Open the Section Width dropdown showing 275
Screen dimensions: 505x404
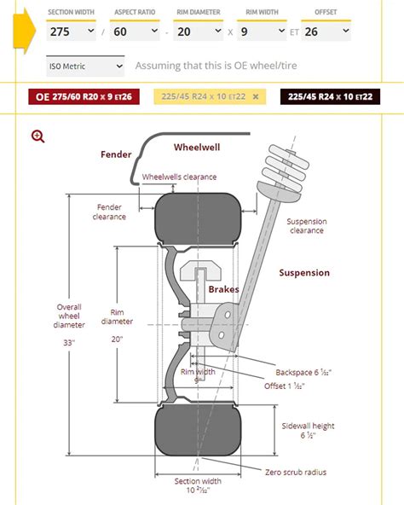click(x=71, y=31)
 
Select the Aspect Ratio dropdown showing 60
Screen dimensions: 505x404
click(x=136, y=31)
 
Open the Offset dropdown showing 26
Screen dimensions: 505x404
click(x=326, y=31)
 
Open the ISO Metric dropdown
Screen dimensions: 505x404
click(x=86, y=66)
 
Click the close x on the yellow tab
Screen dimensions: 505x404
click(x=255, y=96)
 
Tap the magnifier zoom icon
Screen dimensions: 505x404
click(x=38, y=136)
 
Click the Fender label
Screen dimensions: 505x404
click(x=116, y=154)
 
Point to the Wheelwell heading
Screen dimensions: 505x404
click(x=197, y=148)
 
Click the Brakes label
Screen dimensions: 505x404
click(x=223, y=290)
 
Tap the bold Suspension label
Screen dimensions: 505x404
click(x=304, y=273)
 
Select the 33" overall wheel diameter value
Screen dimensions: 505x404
click(x=70, y=342)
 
